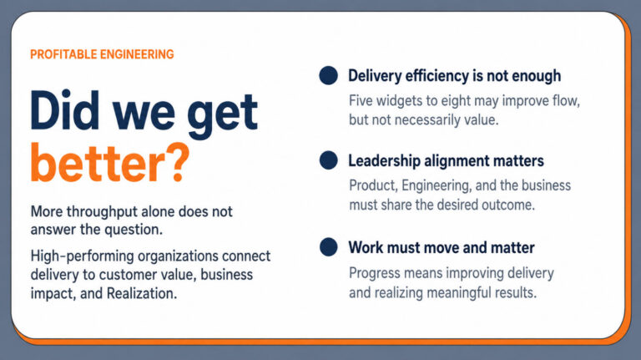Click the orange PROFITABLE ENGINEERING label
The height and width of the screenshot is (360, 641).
[102, 54]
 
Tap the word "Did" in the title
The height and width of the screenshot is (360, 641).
[65, 110]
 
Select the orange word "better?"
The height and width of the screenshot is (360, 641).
[110, 163]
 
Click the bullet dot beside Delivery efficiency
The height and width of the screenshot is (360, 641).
[329, 75]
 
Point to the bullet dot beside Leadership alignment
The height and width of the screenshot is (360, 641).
[329, 160]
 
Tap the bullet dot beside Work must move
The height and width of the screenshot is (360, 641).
[329, 247]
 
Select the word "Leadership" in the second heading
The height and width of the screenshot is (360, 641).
[384, 160]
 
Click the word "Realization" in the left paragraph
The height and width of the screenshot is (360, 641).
[141, 293]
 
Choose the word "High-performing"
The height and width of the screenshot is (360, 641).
[82, 256]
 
